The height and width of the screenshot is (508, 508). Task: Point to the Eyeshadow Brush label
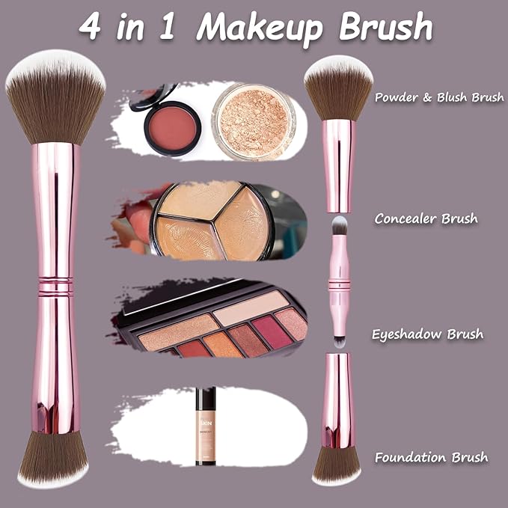pyautogui.click(x=427, y=334)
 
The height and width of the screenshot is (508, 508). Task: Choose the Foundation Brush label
pyautogui.click(x=432, y=457)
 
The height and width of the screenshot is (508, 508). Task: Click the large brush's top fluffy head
pyautogui.click(x=55, y=97)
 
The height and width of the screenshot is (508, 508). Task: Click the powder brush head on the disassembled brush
pyautogui.click(x=339, y=88)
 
